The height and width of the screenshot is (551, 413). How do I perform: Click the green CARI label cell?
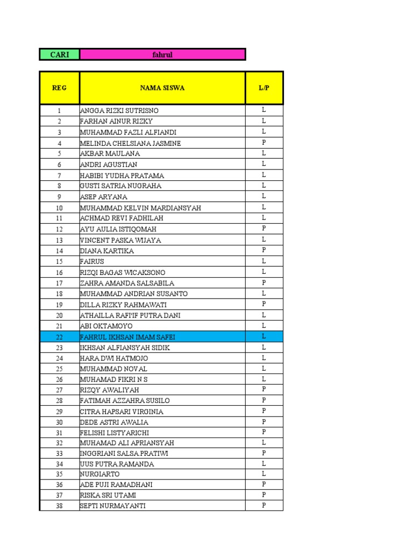(x=59, y=54)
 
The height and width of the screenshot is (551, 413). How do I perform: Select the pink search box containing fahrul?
(x=162, y=54)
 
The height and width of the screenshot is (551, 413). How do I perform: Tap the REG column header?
(x=59, y=88)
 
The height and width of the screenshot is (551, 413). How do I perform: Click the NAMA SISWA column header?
(x=162, y=88)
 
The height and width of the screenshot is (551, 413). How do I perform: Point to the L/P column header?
(x=264, y=88)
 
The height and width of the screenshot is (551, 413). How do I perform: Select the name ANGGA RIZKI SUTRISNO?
(x=119, y=111)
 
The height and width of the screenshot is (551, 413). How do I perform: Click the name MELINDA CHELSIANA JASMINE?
(x=130, y=143)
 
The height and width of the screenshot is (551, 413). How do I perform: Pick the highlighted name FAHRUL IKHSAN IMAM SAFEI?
(x=127, y=337)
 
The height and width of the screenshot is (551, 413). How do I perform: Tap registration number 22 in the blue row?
(x=59, y=337)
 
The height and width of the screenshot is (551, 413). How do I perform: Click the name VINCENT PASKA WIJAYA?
(x=120, y=240)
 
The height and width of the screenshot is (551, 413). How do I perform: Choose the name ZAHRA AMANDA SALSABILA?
(x=127, y=283)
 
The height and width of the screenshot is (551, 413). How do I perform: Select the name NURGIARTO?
(x=100, y=475)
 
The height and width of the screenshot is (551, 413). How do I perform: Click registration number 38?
(x=59, y=506)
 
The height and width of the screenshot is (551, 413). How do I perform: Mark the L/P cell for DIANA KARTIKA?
(x=264, y=250)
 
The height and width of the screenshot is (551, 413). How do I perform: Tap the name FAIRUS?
(x=92, y=262)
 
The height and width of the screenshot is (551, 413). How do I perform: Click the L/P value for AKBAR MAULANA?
(x=264, y=153)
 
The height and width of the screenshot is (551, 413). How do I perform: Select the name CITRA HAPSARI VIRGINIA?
(x=122, y=412)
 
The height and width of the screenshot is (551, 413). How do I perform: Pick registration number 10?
(x=59, y=208)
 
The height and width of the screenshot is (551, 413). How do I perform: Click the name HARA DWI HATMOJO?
(x=114, y=358)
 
